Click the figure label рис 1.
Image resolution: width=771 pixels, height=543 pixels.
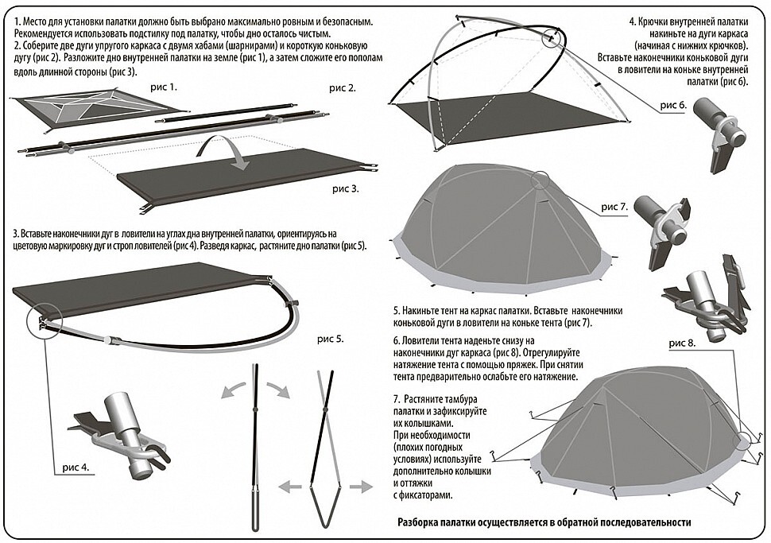pyautogui.click(x=164, y=88)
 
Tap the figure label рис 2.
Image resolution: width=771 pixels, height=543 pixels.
pyautogui.click(x=343, y=88)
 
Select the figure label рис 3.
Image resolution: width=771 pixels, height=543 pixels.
pyautogui.click(x=346, y=189)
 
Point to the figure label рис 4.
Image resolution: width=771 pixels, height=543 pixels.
pyautogui.click(x=76, y=467)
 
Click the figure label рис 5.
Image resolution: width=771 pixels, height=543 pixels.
pyautogui.click(x=331, y=339)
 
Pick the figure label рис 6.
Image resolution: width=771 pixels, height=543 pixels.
pyautogui.click(x=674, y=105)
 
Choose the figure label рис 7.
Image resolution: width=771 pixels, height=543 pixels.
pyautogui.click(x=615, y=207)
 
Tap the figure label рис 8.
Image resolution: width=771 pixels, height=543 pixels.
pyautogui.click(x=683, y=343)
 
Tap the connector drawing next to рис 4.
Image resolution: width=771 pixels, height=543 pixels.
pyautogui.click(x=122, y=432)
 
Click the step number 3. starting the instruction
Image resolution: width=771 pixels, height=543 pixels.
pyautogui.click(x=17, y=233)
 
